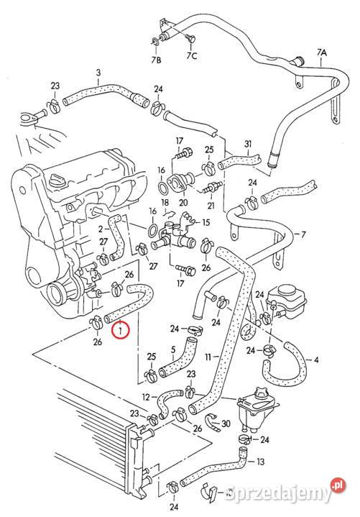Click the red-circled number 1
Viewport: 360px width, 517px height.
pyautogui.click(x=121, y=331)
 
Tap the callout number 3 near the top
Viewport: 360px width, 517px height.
pyautogui.click(x=98, y=72)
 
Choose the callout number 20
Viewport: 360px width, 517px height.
pyautogui.click(x=183, y=203)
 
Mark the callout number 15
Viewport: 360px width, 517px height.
pyautogui.click(x=206, y=222)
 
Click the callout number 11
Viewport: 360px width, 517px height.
pyautogui.click(x=207, y=357)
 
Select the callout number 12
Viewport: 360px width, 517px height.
pyautogui.click(x=146, y=396)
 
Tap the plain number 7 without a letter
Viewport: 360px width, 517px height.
pyautogui.click(x=303, y=234)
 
